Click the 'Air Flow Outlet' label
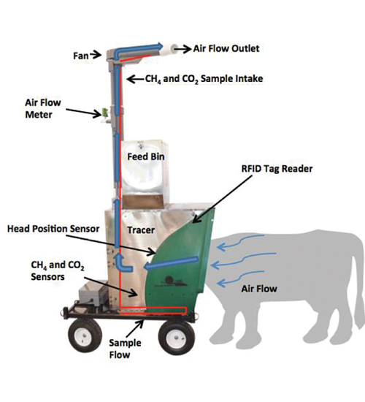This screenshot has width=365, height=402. tap(226, 48)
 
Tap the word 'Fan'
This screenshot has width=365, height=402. tap(81, 56)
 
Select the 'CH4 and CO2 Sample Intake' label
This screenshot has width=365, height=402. tap(204, 79)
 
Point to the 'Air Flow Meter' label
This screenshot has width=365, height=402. tap(43, 108)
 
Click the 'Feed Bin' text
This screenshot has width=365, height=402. tap(146, 156)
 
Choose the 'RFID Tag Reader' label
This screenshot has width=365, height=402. tap(277, 169)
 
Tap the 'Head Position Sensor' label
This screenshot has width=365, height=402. tap(53, 229)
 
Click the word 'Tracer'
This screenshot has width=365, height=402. tap(141, 230)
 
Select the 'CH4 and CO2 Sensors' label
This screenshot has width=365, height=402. tap(58, 270)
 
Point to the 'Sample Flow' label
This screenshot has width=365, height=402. tap(125, 349)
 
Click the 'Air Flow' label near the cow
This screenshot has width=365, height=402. tap(259, 289)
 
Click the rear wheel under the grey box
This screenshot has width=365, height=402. tap(85, 335)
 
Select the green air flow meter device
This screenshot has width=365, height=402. tap(105, 112)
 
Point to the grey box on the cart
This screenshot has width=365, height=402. tap(93, 294)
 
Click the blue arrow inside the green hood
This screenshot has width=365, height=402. tap(171, 264)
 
